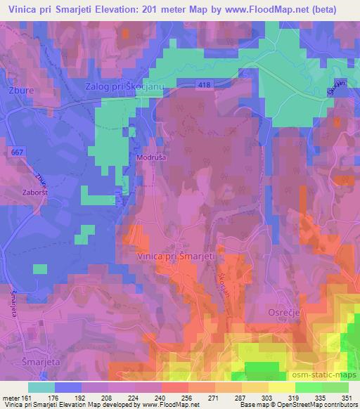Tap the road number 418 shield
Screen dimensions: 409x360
coord(204,84)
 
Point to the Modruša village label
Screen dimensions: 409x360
coord(151,159)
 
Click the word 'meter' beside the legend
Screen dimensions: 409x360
coord(12,397)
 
